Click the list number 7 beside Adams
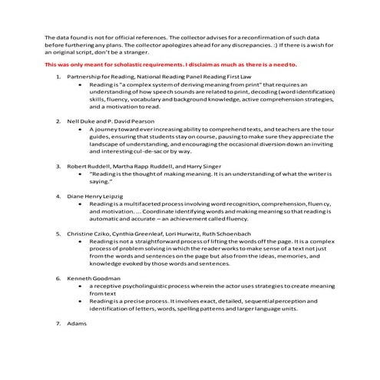tap(58, 324)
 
